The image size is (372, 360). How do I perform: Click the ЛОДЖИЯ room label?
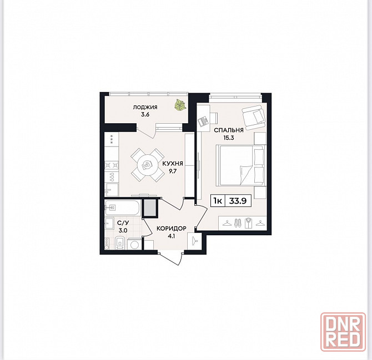(145, 108)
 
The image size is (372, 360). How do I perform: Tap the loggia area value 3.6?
(145, 114)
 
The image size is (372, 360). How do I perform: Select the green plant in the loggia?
(180, 105)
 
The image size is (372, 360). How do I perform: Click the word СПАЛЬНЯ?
(228, 130)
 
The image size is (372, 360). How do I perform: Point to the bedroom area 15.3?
(228, 138)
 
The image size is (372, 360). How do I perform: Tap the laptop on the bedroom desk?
(203, 120)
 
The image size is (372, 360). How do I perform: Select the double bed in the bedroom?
(240, 165)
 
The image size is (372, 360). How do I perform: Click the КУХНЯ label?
(173, 164)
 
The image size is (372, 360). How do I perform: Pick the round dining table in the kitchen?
(147, 165)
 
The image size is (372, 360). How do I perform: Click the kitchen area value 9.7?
(173, 171)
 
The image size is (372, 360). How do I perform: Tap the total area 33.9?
(238, 201)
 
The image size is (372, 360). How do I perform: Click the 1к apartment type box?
(218, 201)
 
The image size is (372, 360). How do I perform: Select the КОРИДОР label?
(172, 229)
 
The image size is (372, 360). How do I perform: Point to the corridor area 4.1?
(171, 236)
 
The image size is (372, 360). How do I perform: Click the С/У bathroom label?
(123, 223)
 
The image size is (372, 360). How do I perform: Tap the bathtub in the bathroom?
(123, 208)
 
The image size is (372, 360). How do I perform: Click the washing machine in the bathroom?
(134, 244)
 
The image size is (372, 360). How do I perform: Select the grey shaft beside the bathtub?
(150, 208)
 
